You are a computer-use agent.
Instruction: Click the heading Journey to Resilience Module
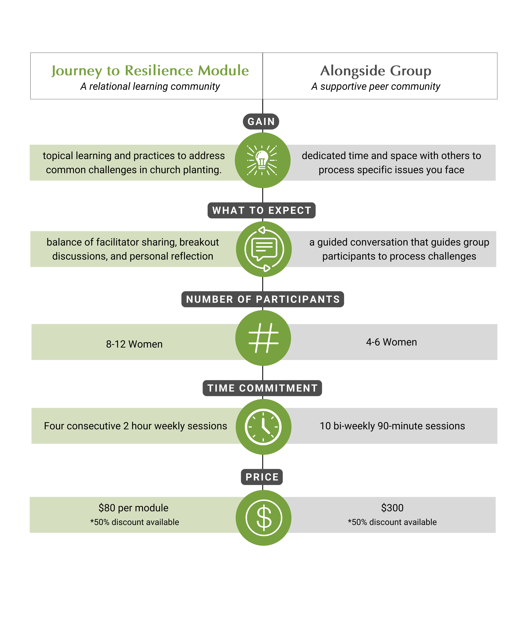point(150,71)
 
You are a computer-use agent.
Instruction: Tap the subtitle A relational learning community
point(150,86)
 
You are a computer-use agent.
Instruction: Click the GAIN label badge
point(261,121)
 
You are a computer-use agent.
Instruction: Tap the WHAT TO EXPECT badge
point(262,210)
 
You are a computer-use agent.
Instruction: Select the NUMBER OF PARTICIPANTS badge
point(263,299)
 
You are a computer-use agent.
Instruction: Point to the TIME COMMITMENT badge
point(262,388)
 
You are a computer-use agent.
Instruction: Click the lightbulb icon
point(262,160)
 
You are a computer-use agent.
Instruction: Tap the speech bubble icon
point(264,249)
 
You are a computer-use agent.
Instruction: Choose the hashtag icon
point(263,338)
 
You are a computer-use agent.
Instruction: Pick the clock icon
point(263,427)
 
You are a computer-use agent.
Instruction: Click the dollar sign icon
point(264,518)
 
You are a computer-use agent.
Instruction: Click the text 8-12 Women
point(134,344)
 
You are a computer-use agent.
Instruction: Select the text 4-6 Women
point(391,342)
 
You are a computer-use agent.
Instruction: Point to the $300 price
point(392,508)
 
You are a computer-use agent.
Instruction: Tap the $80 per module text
point(133,508)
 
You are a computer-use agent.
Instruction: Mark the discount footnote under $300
point(392,522)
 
